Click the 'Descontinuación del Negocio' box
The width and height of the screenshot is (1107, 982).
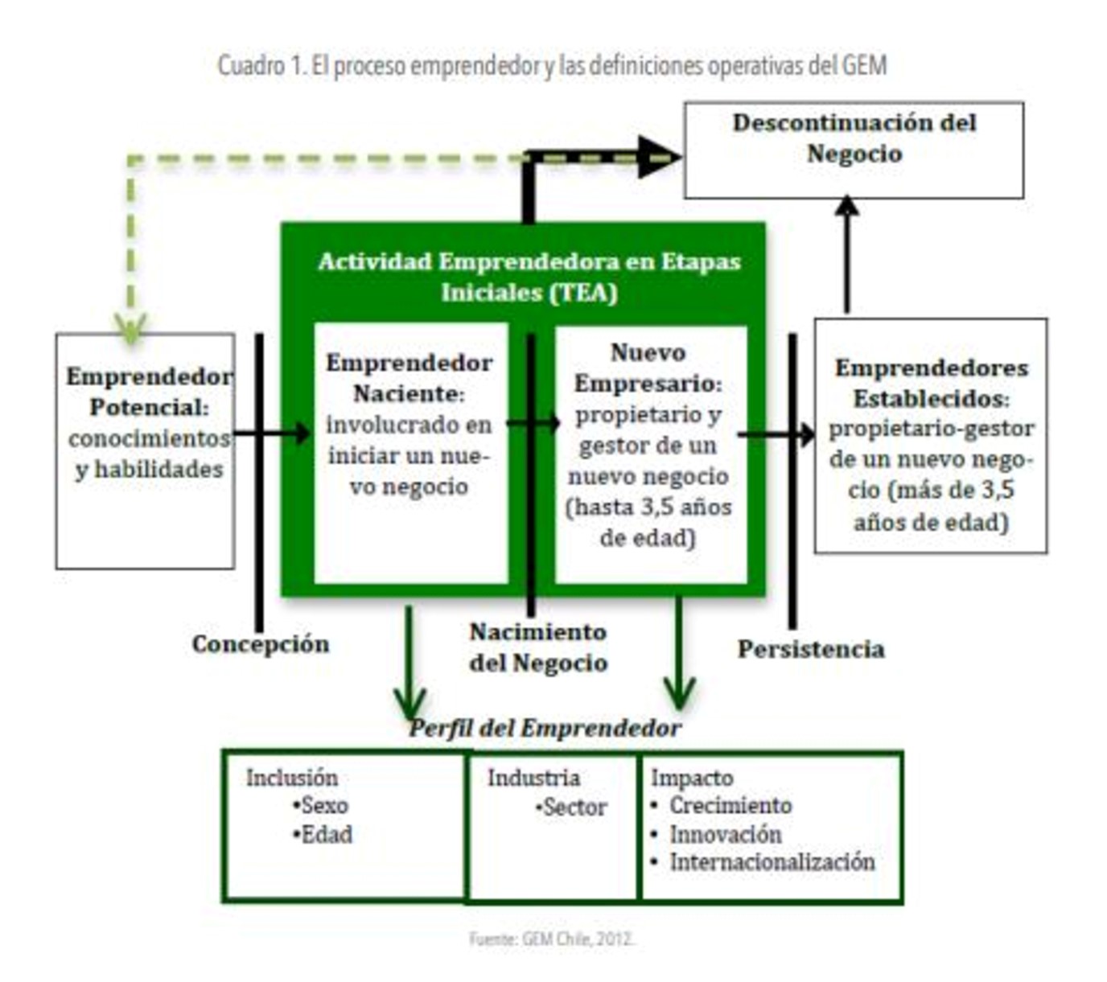(x=854, y=150)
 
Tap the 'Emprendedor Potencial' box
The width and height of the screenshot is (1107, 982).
(x=146, y=451)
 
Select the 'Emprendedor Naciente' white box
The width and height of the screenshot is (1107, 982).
(x=410, y=453)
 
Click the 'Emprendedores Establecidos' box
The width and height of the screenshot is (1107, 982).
(x=930, y=436)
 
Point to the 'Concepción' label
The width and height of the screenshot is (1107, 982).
(x=261, y=644)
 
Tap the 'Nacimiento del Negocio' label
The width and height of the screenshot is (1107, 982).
(x=538, y=647)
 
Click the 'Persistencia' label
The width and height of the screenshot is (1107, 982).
(x=811, y=649)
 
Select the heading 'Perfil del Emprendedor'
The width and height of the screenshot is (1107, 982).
(x=545, y=729)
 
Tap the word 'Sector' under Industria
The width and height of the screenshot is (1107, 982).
(x=574, y=807)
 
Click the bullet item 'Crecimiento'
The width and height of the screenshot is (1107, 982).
(x=730, y=805)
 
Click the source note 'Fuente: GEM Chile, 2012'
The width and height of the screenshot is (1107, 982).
(x=552, y=939)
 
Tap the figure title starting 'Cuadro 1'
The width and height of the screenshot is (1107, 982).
(x=552, y=65)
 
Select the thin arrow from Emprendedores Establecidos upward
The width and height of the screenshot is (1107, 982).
(x=846, y=256)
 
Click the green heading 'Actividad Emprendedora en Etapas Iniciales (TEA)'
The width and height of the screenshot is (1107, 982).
(x=529, y=276)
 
